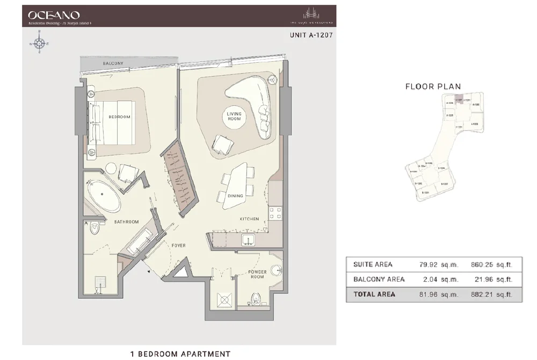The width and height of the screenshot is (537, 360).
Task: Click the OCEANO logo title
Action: (54, 15)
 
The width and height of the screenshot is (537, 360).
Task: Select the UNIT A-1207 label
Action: (311, 38)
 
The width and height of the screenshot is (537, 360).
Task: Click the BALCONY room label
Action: (113, 63)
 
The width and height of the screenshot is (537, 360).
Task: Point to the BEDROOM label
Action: (119, 117)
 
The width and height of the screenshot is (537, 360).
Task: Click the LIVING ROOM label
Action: (234, 117)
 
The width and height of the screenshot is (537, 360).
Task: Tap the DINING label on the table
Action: (235, 196)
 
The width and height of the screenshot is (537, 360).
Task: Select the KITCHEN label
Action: (249, 219)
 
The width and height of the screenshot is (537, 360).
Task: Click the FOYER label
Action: (178, 246)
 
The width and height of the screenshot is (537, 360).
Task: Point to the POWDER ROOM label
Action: (257, 275)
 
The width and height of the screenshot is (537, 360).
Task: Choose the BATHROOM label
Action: (126, 221)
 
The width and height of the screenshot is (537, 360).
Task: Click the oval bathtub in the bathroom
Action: (105, 197)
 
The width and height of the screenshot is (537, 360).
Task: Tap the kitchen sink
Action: (248, 239)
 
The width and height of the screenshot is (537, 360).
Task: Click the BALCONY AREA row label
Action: (379, 279)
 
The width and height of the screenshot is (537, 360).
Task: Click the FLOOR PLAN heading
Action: (433, 87)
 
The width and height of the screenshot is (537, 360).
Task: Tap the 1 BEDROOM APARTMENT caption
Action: (180, 354)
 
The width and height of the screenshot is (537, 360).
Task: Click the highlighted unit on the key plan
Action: (459, 100)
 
